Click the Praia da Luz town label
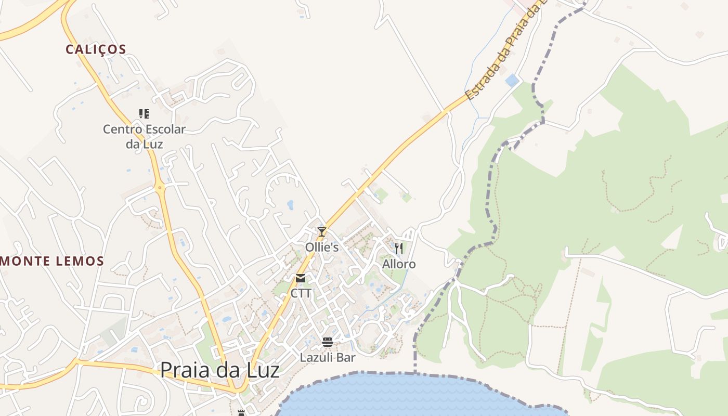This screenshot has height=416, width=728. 219,370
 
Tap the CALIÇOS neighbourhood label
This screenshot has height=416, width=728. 96,49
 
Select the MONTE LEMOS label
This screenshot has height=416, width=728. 53,261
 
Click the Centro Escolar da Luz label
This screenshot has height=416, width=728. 144,136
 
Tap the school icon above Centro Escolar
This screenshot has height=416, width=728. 144,114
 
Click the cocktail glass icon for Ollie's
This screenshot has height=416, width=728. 322,232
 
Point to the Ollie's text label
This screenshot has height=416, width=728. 322,248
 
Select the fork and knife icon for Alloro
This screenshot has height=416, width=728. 399,249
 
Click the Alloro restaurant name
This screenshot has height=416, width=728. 399,264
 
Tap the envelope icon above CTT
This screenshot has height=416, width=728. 301,278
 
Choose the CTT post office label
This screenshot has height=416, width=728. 301,293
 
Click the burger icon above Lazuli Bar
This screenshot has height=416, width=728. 327,342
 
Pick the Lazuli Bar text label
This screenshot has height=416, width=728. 328,358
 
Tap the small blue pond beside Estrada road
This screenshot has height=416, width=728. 512,81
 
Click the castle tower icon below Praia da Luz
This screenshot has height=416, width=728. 241,413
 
